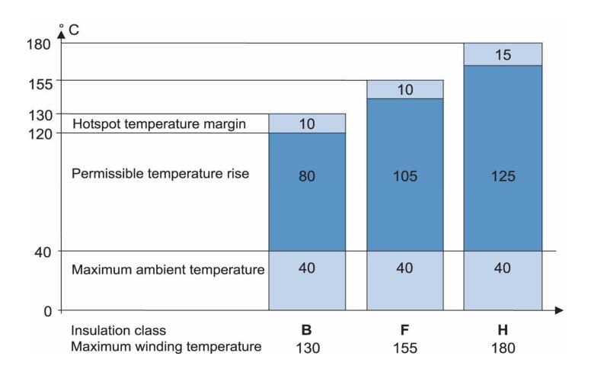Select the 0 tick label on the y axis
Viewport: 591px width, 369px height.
click(x=46, y=311)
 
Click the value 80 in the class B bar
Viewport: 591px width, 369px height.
click(x=307, y=176)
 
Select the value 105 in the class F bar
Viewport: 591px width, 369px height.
click(x=405, y=176)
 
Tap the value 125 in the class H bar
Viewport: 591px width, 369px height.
click(x=503, y=176)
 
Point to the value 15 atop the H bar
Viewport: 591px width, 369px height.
click(x=503, y=55)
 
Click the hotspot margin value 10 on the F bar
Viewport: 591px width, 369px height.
click(x=405, y=90)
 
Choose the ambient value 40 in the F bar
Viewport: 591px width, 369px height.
click(x=405, y=268)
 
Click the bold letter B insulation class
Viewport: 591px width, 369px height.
click(x=307, y=332)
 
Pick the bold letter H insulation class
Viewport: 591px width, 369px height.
click(x=503, y=332)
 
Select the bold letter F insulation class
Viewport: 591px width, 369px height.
click(x=405, y=332)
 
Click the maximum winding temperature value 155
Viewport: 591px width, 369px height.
click(x=405, y=347)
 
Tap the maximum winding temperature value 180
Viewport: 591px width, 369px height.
click(x=503, y=347)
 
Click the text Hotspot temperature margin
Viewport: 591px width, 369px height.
click(x=158, y=124)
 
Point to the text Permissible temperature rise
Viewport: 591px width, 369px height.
click(x=161, y=174)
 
